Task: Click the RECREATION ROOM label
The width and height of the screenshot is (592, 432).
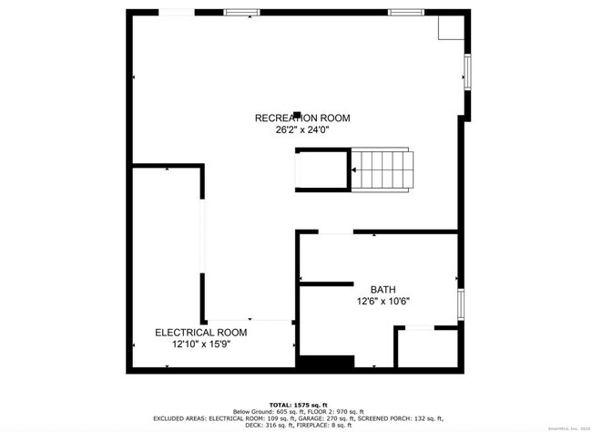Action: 301,118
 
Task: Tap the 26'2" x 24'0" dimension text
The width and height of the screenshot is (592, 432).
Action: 301,130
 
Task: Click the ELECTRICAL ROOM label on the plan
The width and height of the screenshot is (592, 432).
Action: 200,333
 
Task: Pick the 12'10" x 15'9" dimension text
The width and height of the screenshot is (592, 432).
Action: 200,345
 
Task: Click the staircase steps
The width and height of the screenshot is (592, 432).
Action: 383,170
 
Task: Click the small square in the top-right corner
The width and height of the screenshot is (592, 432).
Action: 451,28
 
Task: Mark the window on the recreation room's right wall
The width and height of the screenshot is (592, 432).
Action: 467,70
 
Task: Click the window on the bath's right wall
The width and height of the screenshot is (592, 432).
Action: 461,303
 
